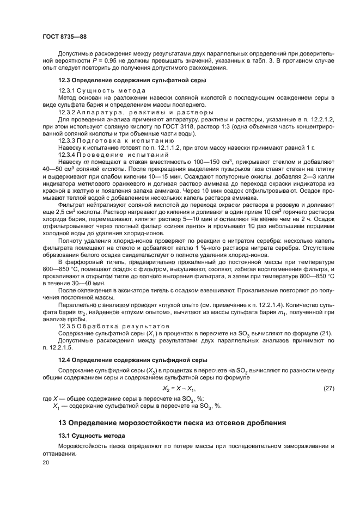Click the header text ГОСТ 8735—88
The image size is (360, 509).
[64, 37]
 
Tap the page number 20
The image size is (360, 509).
[46, 462]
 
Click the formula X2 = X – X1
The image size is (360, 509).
[180, 389]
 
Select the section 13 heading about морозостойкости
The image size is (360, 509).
[172, 422]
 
